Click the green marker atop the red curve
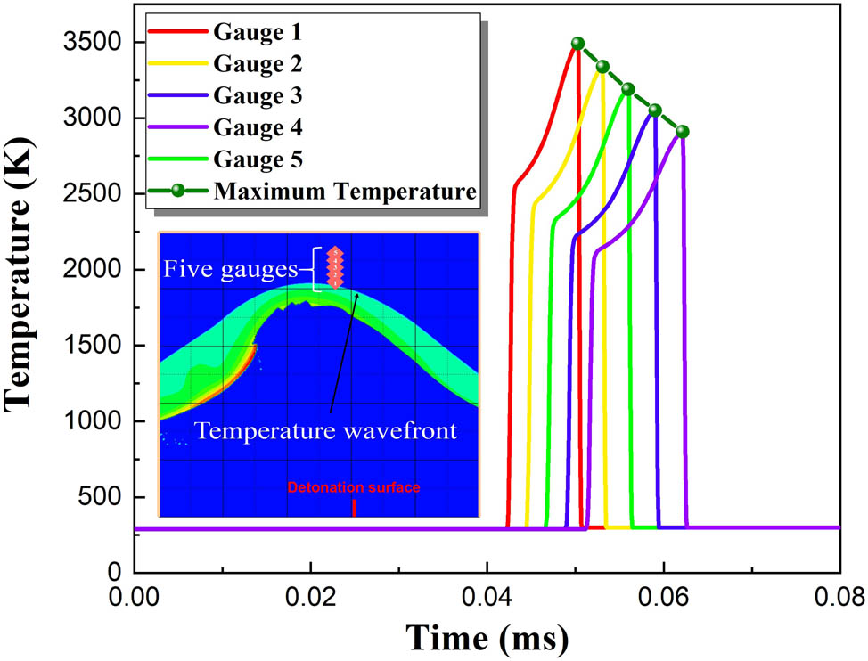point(577,43)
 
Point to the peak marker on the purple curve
point(683,131)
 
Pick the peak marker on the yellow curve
point(602,67)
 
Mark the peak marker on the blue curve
point(655,110)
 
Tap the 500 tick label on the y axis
point(102,497)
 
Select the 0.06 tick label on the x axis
point(663,592)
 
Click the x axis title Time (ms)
point(487,636)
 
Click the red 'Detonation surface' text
point(353,487)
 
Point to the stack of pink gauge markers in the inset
point(333,267)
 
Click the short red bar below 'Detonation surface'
point(354,507)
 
